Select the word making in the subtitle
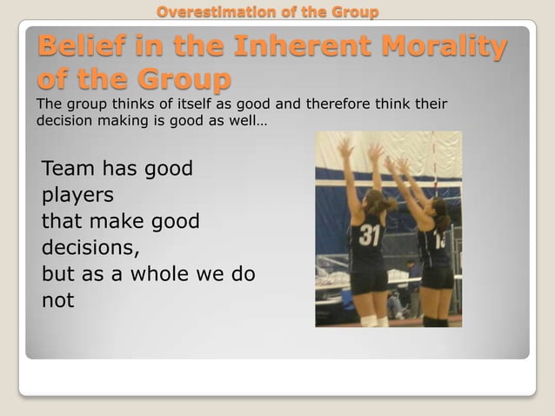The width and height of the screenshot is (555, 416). (x=120, y=121)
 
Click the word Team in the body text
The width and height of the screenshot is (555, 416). (x=68, y=168)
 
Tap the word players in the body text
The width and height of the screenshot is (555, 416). (x=77, y=195)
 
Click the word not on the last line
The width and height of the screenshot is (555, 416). (x=58, y=301)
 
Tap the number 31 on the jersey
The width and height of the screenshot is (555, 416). (x=370, y=236)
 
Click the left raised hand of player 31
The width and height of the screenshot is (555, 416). (x=346, y=149)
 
